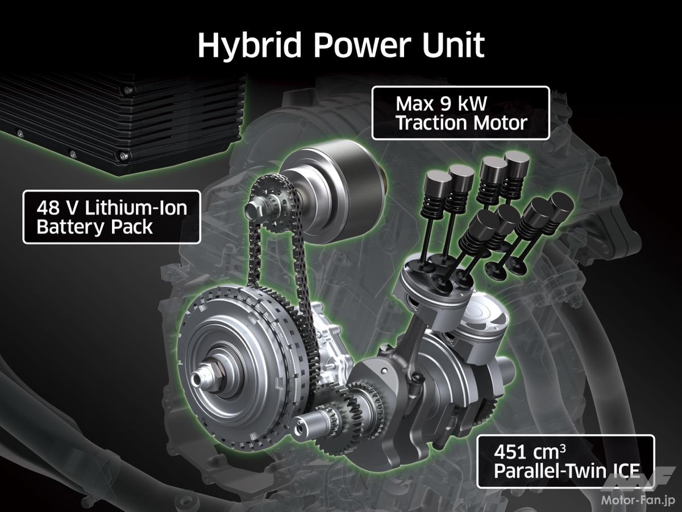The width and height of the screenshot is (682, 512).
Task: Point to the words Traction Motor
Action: [x=461, y=123]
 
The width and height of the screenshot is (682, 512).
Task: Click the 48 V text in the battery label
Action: [x=57, y=208]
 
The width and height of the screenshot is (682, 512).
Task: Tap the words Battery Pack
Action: [x=94, y=227]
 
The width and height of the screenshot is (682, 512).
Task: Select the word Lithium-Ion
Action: [x=136, y=208]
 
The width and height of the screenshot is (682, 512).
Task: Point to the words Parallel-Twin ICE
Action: [x=567, y=471]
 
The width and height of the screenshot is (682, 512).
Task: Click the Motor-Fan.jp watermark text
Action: [x=638, y=500]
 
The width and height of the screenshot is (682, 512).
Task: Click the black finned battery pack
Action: [x=121, y=125]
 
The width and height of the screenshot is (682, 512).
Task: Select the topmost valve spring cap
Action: [x=517, y=159]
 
